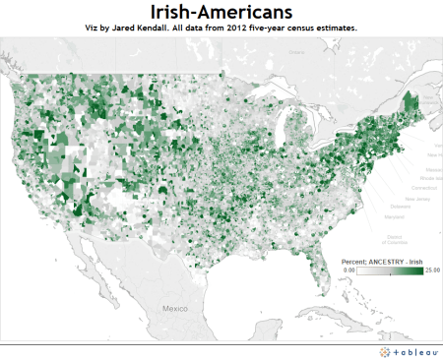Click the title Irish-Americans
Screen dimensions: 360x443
[x=221, y=12]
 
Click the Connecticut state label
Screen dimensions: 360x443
[x=412, y=185]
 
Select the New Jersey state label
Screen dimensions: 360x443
[x=409, y=199]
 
